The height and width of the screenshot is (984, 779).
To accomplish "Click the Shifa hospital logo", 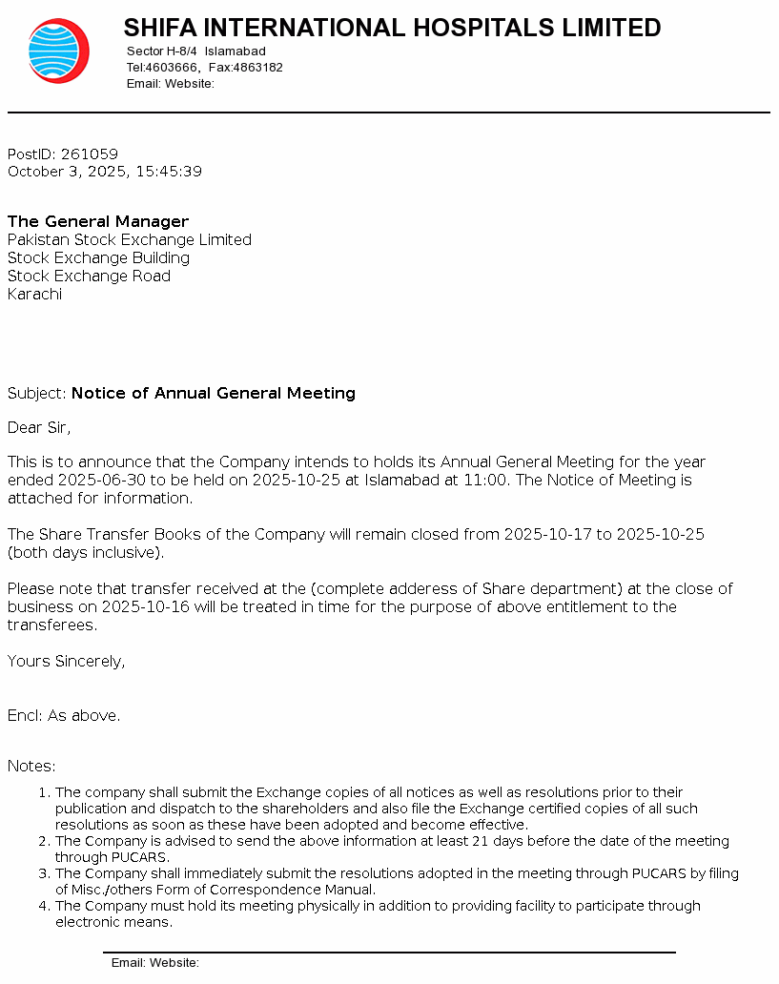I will click(58, 51).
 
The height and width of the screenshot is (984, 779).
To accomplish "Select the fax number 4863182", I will click(258, 68).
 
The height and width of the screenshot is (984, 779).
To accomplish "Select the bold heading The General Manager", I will click(98, 221).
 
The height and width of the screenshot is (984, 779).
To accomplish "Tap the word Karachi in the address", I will click(34, 294).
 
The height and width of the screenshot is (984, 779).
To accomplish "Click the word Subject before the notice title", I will click(36, 393).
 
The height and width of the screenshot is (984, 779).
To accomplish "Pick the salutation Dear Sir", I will click(39, 427).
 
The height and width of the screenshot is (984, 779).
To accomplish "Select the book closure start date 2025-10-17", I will click(547, 534).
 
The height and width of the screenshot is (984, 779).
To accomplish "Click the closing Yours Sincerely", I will click(66, 661).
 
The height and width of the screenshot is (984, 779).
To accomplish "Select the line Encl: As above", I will click(64, 715).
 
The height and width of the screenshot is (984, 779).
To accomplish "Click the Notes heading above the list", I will click(31, 766).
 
